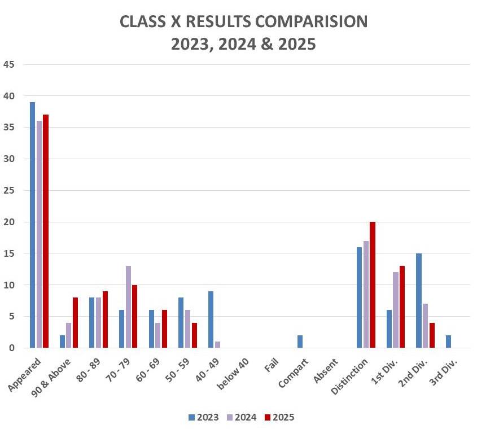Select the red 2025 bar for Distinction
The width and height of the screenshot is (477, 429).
372,285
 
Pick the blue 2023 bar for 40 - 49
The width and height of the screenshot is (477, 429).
211,319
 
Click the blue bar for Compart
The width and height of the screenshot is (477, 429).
300,342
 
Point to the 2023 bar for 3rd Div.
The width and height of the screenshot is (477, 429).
448,342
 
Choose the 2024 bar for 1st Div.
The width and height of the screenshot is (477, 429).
396,310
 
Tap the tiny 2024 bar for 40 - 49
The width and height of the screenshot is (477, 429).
217,345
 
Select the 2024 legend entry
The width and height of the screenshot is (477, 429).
242,418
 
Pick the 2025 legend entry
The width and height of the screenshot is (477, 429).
279,418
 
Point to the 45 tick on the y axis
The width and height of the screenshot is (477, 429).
8,64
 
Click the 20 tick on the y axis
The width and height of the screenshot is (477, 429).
8,222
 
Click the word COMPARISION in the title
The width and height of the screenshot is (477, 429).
303,21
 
